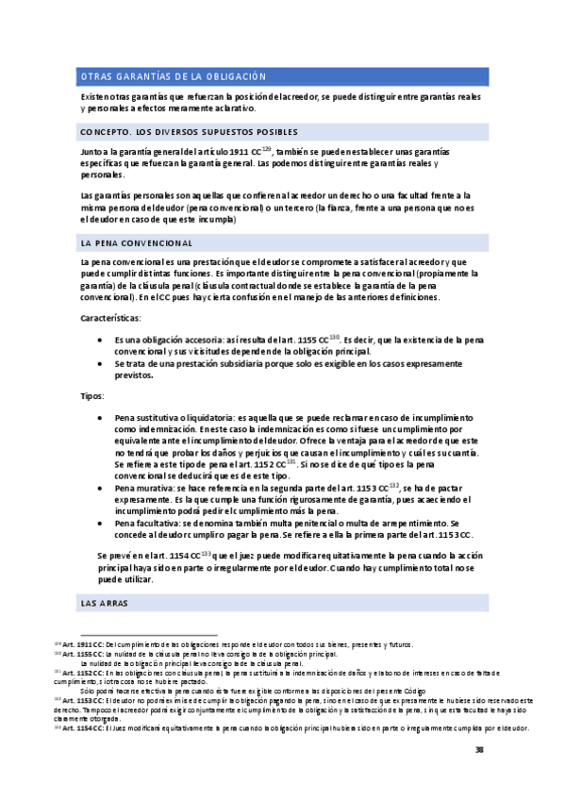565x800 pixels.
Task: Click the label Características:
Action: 111,320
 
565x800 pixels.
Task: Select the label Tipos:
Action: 93,396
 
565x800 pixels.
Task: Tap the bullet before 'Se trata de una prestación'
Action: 101,363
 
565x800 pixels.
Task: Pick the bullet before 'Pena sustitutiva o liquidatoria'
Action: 101,417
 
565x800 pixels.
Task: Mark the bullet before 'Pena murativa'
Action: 101,488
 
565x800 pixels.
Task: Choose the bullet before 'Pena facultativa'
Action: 101,522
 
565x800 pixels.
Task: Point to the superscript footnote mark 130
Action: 335,337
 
